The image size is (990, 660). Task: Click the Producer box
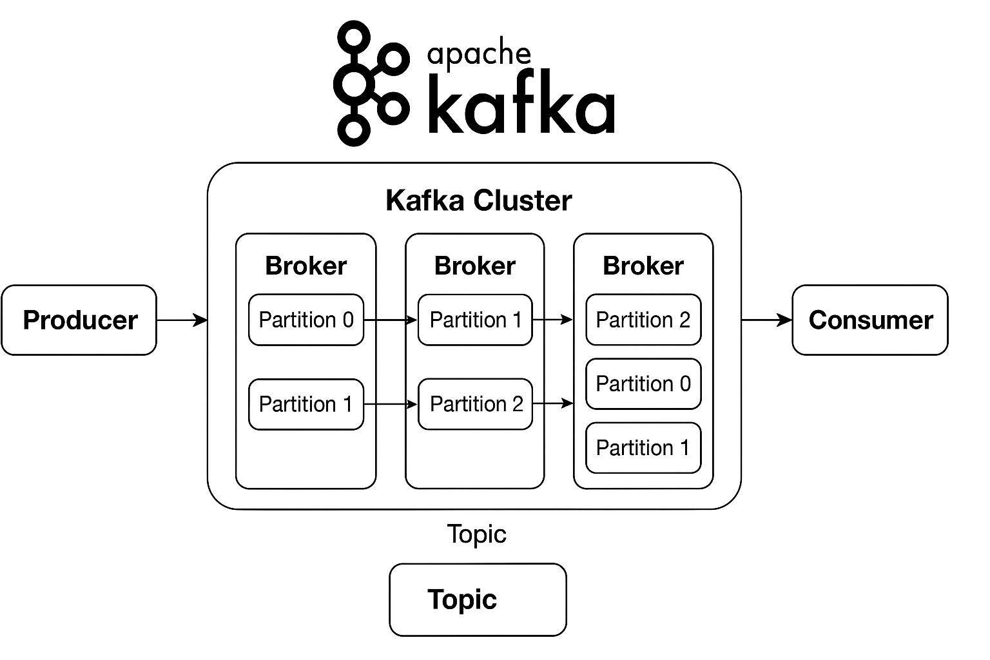tap(79, 320)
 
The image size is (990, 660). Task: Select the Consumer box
tap(869, 320)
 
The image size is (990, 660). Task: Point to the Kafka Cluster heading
tap(478, 200)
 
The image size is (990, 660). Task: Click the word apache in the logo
tap(479, 54)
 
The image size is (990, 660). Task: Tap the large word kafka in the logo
tap(521, 107)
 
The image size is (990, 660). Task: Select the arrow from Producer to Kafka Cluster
tap(182, 320)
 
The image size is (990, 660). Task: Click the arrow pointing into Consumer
tap(766, 320)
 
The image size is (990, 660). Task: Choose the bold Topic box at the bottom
tap(478, 599)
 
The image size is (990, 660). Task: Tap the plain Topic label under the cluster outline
tap(477, 534)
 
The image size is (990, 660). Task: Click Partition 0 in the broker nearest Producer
tap(306, 320)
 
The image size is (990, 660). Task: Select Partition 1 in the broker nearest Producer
tap(306, 404)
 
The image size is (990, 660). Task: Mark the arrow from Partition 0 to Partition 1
tap(391, 320)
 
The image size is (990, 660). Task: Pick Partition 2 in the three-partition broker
tap(643, 320)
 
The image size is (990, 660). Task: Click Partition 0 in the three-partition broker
tap(643, 383)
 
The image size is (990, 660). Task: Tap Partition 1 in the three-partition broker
tap(643, 447)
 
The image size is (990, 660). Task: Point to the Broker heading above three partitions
tap(643, 266)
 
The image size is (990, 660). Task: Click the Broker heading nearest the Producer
tap(306, 266)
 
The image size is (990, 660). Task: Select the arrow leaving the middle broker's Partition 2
tap(553, 403)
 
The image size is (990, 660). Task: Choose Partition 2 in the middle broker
tap(476, 404)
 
